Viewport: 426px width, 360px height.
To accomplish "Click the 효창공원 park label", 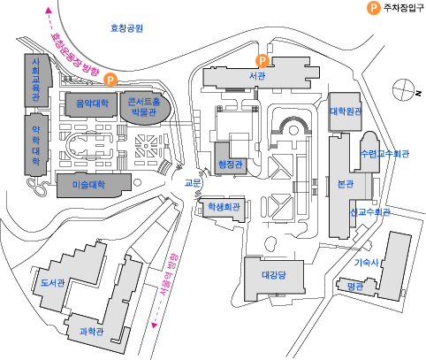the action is (x=126, y=28).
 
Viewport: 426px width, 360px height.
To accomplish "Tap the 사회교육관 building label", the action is (x=36, y=80).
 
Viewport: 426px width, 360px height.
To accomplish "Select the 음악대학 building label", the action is (x=92, y=103).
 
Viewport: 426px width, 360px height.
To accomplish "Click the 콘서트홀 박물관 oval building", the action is (x=144, y=107).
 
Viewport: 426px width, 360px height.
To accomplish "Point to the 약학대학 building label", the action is (x=36, y=146).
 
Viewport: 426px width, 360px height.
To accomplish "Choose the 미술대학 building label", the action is (x=88, y=185).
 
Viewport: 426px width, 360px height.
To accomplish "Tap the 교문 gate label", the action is (x=193, y=183).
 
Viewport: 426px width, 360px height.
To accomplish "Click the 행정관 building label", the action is (x=231, y=164).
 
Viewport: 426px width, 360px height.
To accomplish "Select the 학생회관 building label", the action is (x=224, y=206).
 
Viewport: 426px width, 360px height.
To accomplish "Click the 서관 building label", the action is (x=257, y=76).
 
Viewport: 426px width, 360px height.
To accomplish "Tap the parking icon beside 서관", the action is (x=262, y=61).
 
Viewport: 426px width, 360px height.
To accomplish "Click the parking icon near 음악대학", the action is (x=110, y=80).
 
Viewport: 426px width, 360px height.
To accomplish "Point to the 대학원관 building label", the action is (x=346, y=111).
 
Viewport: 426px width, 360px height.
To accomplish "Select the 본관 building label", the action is (x=346, y=184).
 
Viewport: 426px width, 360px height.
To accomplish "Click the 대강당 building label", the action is (x=274, y=275).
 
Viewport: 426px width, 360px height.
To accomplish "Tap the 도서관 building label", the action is (x=52, y=283).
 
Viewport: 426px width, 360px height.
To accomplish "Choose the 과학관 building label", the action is (x=92, y=332).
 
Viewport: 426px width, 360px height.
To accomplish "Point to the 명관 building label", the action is (x=355, y=287).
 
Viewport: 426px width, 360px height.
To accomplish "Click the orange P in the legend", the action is (x=374, y=8).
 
